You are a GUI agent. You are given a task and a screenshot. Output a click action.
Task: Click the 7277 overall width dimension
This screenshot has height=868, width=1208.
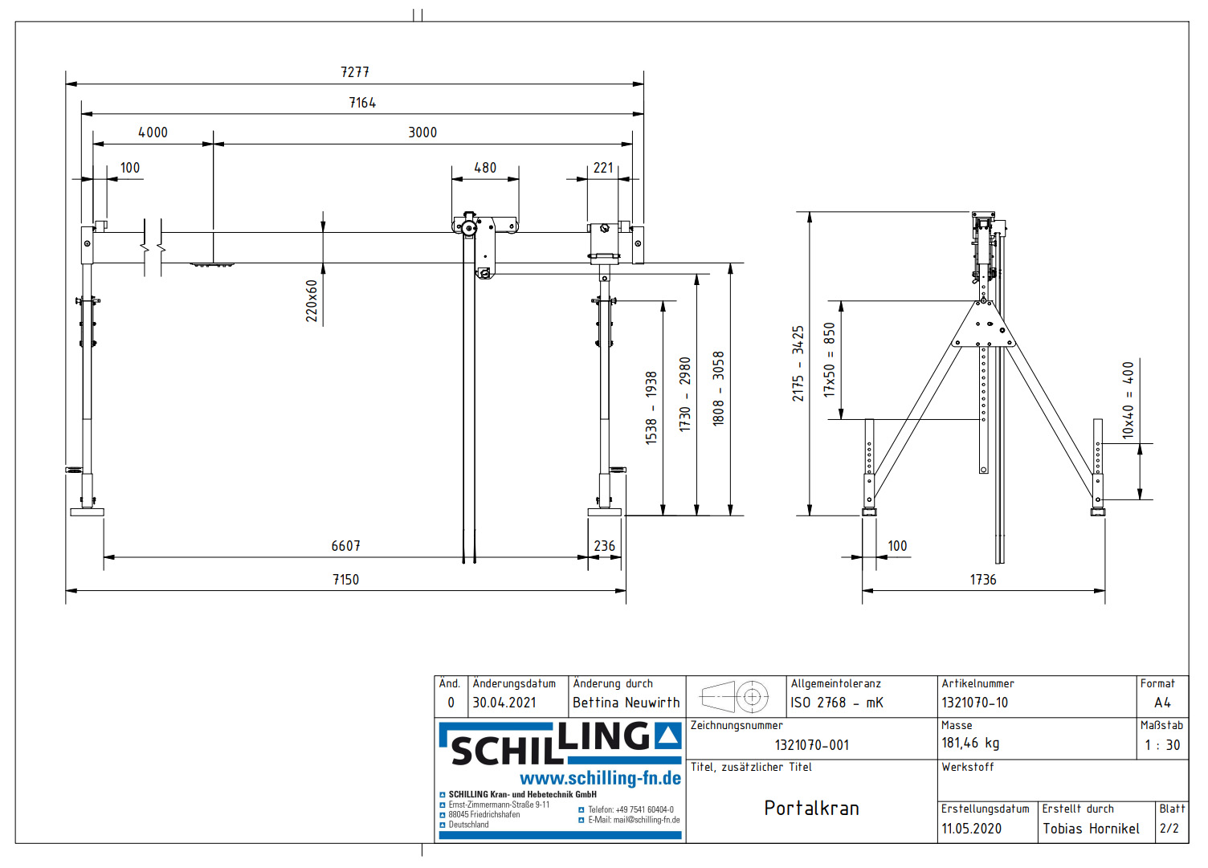(x=355, y=72)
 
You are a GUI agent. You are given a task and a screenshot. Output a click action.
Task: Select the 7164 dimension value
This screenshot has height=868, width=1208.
(x=362, y=103)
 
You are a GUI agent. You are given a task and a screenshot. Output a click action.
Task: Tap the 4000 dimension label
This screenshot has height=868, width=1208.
(x=153, y=132)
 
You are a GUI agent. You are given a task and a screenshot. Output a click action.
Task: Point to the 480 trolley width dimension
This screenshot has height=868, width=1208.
(x=485, y=168)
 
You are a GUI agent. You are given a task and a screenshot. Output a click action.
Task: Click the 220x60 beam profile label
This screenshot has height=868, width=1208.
(x=312, y=301)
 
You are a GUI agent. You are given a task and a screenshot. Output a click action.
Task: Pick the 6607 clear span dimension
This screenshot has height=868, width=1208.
(x=346, y=546)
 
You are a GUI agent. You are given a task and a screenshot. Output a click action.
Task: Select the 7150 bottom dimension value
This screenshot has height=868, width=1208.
(x=346, y=580)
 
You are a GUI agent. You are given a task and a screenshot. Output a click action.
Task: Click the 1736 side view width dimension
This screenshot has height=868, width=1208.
(x=983, y=580)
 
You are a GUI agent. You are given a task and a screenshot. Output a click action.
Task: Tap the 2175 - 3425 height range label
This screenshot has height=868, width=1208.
(x=798, y=364)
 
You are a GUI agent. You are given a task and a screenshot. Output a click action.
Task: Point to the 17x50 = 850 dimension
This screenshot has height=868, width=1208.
(x=830, y=360)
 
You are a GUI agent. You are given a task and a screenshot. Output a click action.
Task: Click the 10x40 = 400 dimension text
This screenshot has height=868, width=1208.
(x=1128, y=400)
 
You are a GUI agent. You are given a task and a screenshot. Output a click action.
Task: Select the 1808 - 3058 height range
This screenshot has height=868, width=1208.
(x=718, y=389)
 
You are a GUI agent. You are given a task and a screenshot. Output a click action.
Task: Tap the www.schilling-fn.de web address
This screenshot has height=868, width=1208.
(x=600, y=778)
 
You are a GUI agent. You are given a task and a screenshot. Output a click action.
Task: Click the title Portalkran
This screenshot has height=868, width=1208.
(x=811, y=809)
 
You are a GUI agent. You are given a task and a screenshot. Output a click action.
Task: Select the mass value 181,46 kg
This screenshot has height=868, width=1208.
(x=970, y=744)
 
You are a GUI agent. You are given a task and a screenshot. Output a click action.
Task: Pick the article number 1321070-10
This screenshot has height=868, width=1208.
(x=974, y=703)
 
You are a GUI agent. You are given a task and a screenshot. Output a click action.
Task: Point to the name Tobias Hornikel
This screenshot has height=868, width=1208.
(x=1091, y=829)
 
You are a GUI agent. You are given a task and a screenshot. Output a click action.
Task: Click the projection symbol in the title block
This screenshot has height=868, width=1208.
(x=735, y=697)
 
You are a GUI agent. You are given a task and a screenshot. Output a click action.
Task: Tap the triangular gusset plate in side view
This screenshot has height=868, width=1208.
(x=983, y=326)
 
